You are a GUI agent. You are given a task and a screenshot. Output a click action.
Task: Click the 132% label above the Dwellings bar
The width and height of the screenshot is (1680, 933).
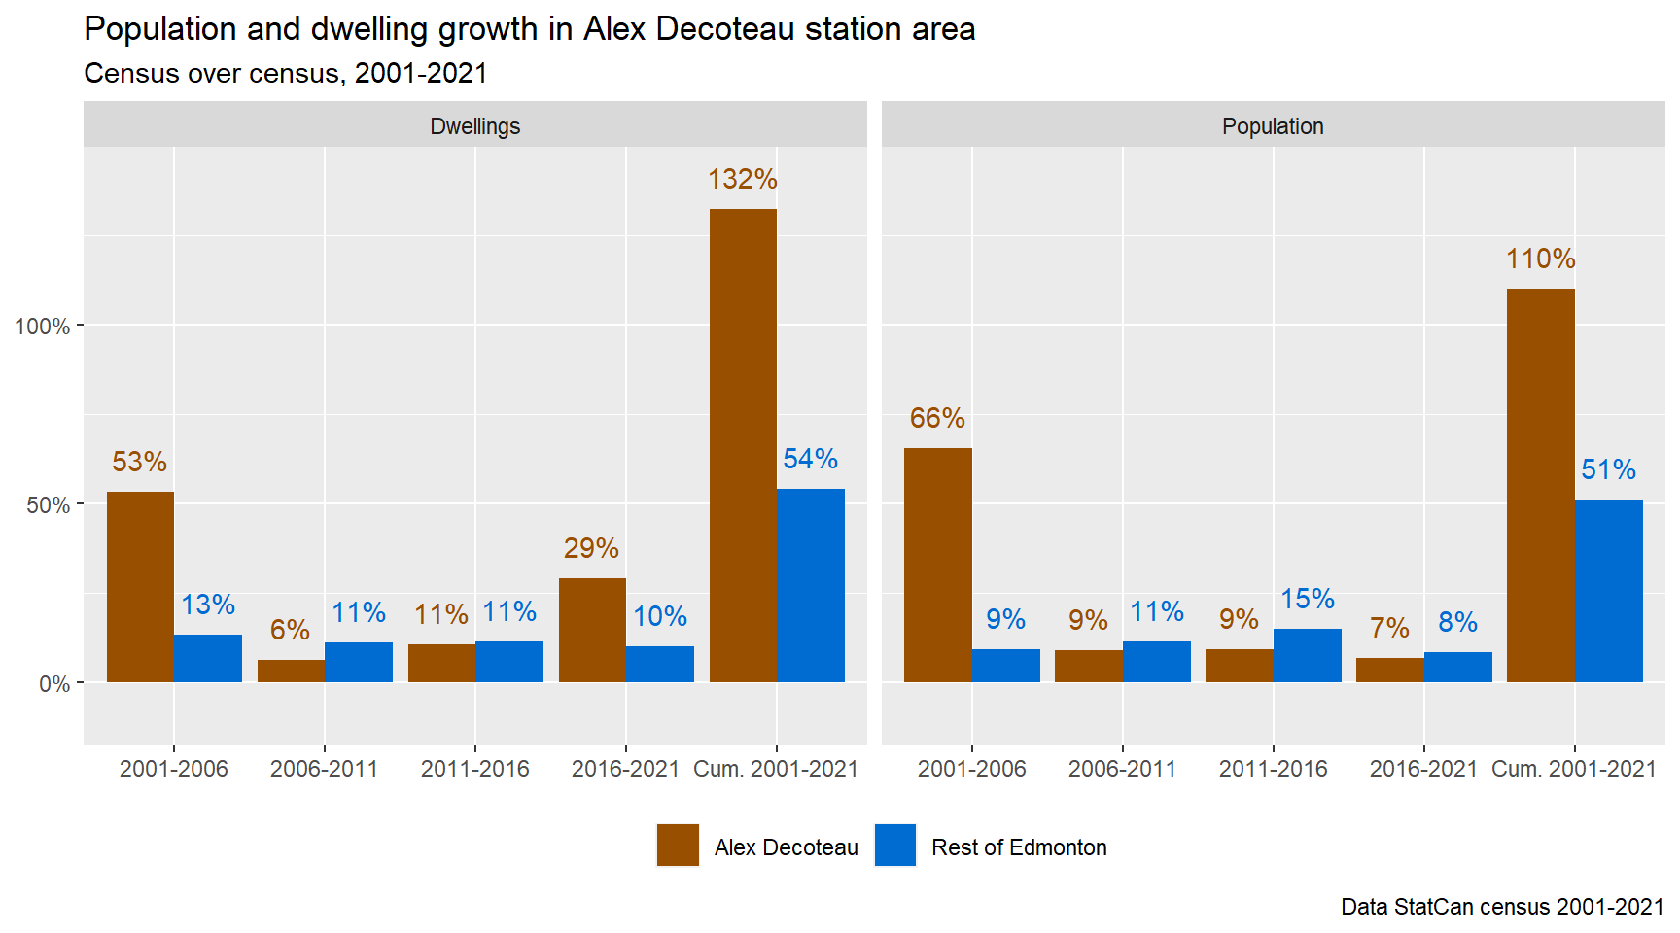click(742, 180)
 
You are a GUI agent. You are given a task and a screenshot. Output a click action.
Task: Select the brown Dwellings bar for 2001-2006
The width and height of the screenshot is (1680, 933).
click(140, 587)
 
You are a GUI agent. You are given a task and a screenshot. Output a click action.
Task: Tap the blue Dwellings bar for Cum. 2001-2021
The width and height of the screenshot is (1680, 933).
click(811, 585)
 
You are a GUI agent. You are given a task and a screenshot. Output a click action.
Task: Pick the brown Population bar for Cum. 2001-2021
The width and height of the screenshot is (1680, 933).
click(1540, 486)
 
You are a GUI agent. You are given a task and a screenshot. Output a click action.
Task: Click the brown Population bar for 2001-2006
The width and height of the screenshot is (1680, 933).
click(937, 566)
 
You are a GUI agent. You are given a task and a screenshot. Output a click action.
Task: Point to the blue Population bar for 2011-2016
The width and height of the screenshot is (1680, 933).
click(1307, 656)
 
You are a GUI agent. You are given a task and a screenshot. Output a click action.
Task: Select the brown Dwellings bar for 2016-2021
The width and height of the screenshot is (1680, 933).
click(592, 630)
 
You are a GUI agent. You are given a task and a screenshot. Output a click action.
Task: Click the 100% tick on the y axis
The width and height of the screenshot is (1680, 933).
click(43, 327)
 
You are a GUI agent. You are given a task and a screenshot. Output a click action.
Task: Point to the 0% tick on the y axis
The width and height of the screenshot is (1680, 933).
click(54, 684)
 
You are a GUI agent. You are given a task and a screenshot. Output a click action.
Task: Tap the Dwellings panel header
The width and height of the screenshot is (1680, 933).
click(475, 126)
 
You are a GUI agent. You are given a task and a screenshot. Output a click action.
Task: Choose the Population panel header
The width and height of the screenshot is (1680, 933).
click(1273, 126)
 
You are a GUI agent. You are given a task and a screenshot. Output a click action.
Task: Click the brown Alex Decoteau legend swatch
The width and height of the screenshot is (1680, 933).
click(678, 846)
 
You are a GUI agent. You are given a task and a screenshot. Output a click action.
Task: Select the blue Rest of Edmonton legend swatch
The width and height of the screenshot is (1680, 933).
click(895, 846)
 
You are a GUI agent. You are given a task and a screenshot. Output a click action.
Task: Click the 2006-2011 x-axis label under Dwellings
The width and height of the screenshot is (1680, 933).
click(324, 769)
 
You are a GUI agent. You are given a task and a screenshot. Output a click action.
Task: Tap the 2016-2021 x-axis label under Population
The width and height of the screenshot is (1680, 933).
click(1423, 769)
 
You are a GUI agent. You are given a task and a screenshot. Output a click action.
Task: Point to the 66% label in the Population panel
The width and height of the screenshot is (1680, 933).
click(937, 419)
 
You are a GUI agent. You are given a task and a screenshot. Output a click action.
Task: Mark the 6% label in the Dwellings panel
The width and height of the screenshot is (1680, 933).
click(290, 630)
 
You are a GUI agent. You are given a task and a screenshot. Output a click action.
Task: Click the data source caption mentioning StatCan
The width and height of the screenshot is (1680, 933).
click(1502, 907)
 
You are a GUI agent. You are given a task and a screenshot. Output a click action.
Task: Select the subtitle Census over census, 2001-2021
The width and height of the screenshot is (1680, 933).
click(286, 74)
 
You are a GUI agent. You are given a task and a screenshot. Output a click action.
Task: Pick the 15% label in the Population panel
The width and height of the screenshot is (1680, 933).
click(1307, 600)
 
